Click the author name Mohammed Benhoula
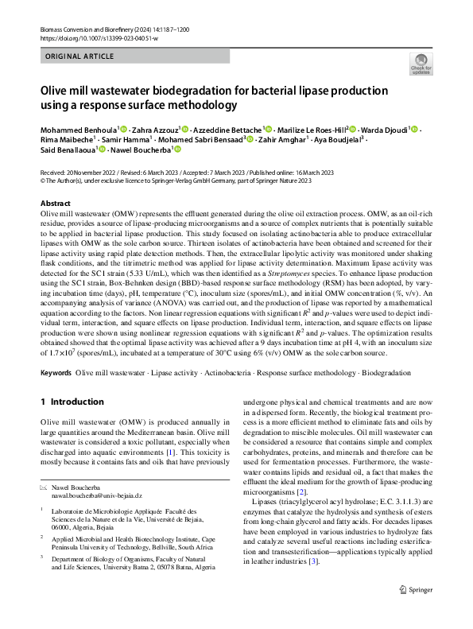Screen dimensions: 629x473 click(77, 129)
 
